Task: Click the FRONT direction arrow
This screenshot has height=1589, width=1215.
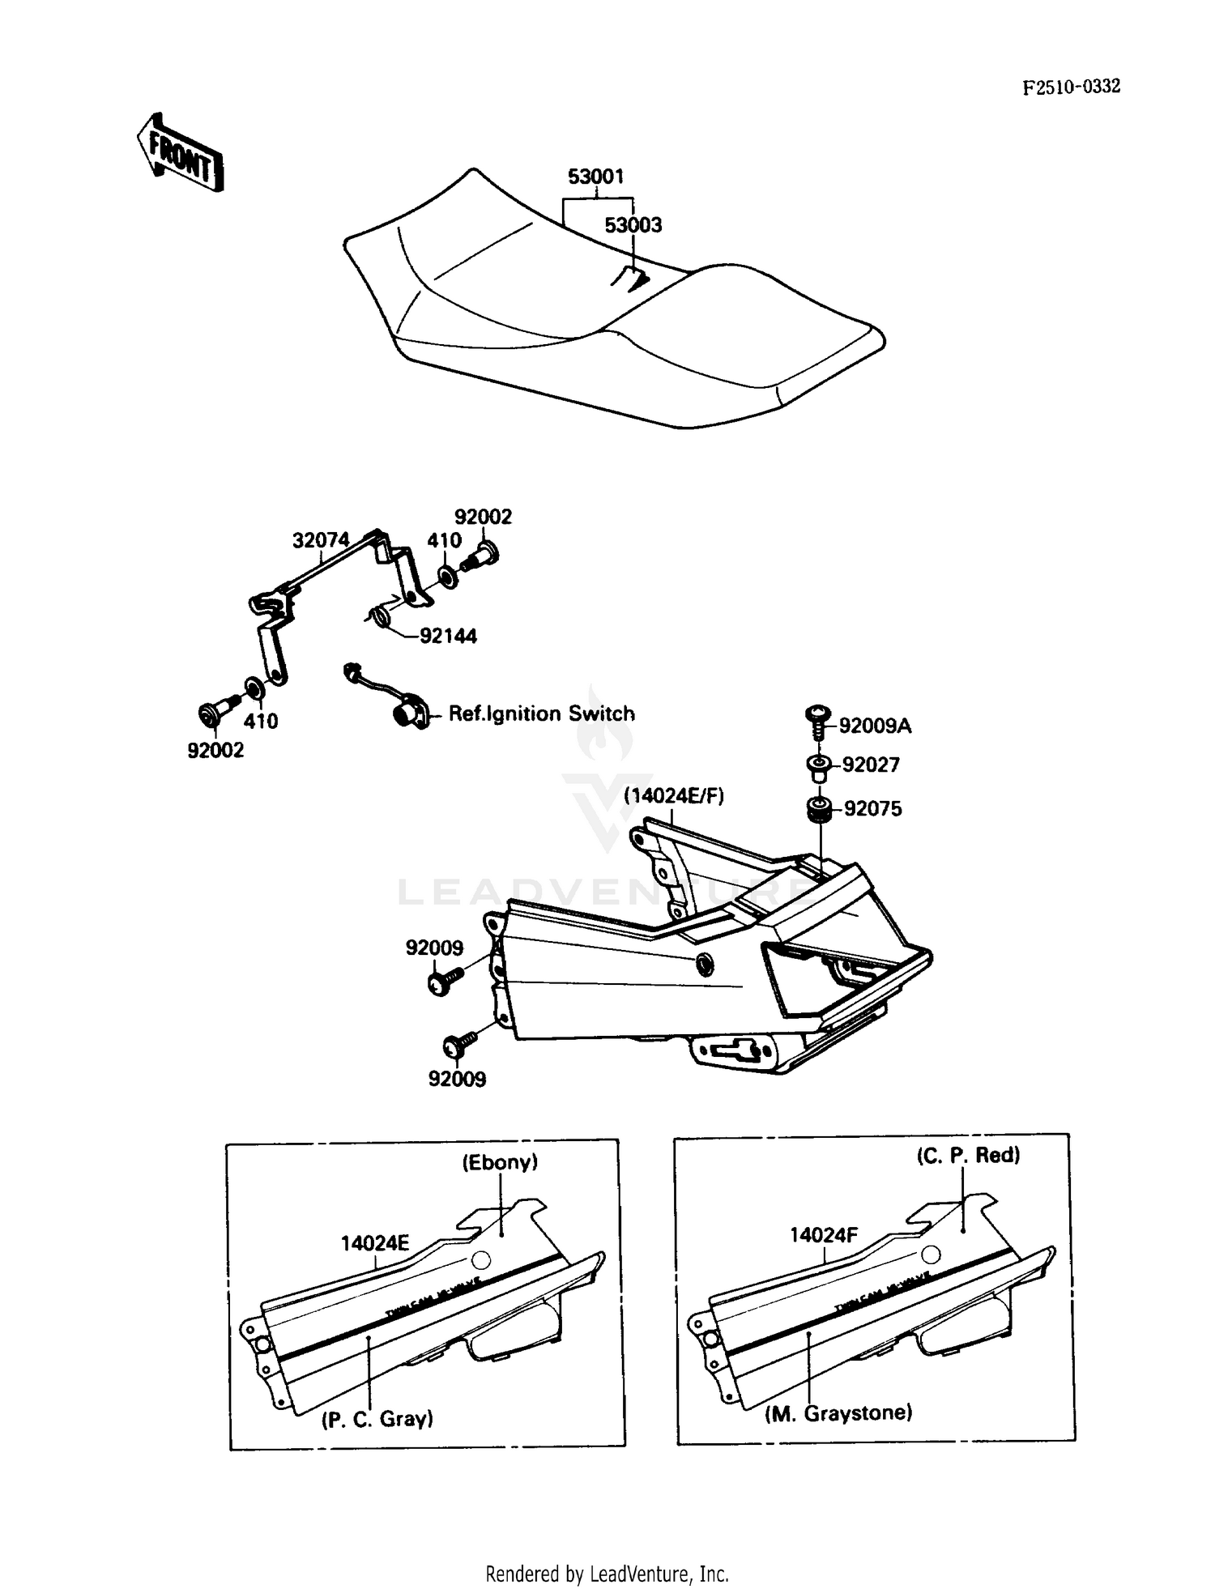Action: [179, 153]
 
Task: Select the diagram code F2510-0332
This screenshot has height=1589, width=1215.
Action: [1071, 87]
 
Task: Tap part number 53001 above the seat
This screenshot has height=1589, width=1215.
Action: [595, 177]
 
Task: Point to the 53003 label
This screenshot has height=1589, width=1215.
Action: [633, 225]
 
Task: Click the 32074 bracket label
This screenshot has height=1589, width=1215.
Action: [321, 540]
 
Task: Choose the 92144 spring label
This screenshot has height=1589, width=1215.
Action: [448, 636]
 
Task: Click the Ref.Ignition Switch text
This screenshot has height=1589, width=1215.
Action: [541, 714]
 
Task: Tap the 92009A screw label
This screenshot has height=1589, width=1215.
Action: [875, 726]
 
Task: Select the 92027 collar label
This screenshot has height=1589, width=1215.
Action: [871, 765]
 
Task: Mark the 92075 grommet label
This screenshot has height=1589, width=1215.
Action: [872, 808]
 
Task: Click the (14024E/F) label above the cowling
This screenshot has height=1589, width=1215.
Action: [674, 795]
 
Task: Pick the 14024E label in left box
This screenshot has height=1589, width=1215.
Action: [374, 1242]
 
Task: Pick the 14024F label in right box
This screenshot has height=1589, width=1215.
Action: [823, 1234]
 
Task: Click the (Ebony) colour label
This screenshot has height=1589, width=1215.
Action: [500, 1162]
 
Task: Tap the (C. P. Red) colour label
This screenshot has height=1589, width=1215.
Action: [968, 1155]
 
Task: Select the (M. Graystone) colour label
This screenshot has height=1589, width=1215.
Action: [838, 1412]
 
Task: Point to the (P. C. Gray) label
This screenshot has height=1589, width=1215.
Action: [377, 1418]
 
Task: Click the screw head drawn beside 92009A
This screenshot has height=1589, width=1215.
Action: [817, 714]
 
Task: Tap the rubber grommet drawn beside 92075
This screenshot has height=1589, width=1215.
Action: [819, 809]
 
